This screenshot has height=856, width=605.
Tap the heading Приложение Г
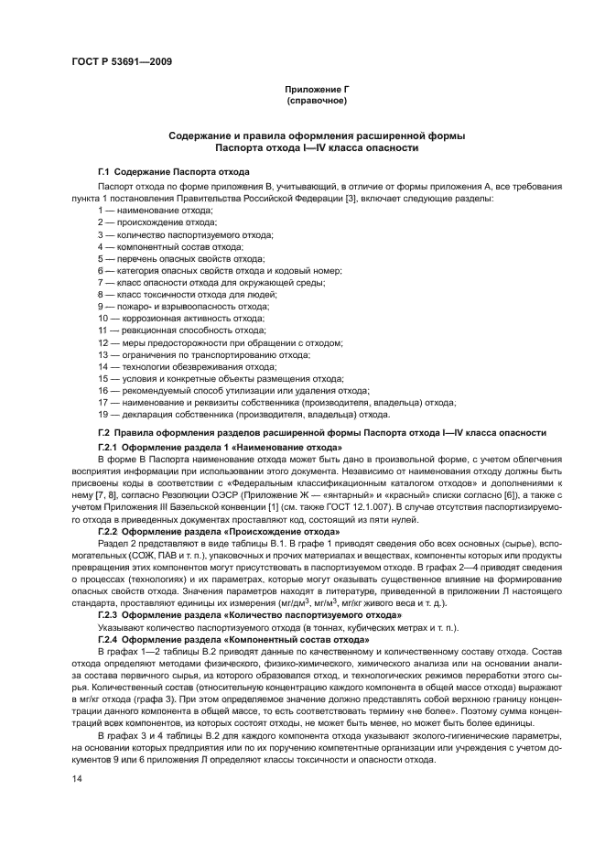coord(316,89)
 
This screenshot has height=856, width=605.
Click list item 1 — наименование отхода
coord(155,210)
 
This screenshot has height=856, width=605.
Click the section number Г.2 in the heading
coord(104,432)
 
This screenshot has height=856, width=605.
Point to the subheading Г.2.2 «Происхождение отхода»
coord(219,531)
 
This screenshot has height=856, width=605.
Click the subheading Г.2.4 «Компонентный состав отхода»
coord(232,639)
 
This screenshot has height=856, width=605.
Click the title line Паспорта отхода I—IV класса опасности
coord(316,146)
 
